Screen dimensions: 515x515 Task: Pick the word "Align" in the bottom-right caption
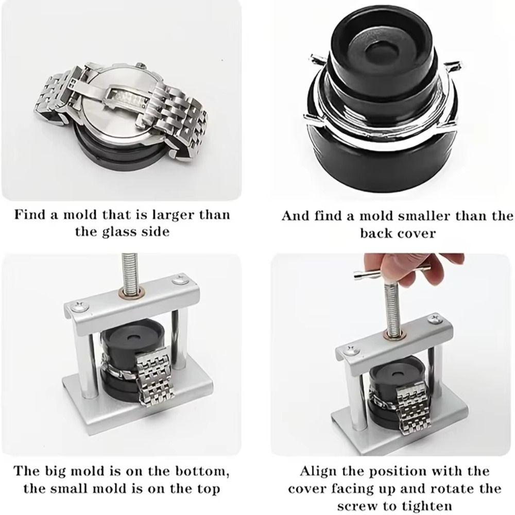[322, 471]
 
